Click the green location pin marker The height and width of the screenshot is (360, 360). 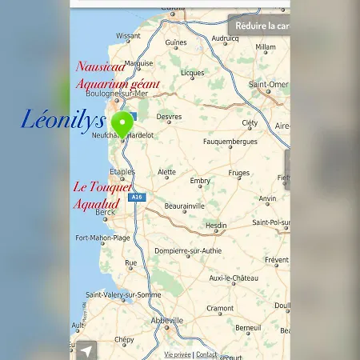[x=122, y=125]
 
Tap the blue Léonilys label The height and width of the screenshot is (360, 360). [x=63, y=121]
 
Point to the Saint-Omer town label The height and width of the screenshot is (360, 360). [x=268, y=84]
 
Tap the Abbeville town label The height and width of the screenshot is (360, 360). [x=167, y=320]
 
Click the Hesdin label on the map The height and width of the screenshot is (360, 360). [x=216, y=226]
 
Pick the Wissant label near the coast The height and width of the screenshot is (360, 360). [x=128, y=36]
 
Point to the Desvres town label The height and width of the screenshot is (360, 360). [x=169, y=116]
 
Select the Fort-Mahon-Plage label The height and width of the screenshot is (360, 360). [x=102, y=238]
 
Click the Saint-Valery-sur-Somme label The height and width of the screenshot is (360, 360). [x=123, y=294]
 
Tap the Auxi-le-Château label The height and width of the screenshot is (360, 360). [x=234, y=278]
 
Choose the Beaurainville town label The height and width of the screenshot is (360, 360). [x=184, y=206]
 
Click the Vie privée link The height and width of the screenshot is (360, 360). [x=178, y=354]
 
